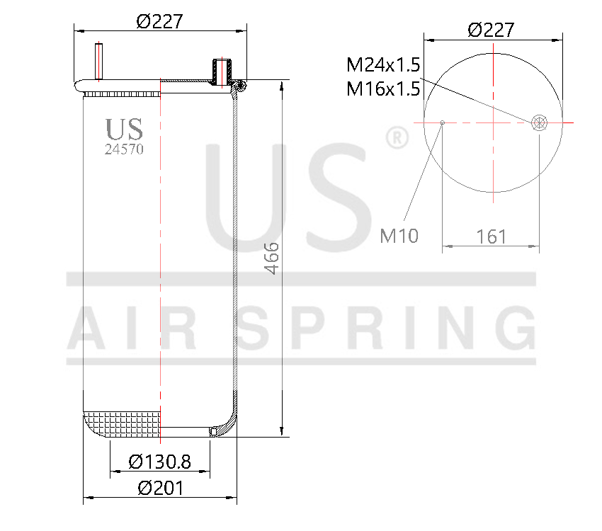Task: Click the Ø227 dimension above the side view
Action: [x=159, y=21]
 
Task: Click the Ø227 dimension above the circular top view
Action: [x=491, y=30]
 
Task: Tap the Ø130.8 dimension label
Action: [x=159, y=462]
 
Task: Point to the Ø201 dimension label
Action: [x=160, y=489]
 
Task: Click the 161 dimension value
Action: [x=491, y=236]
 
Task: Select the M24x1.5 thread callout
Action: [x=383, y=66]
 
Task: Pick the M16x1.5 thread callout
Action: [x=383, y=88]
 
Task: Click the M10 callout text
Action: [x=399, y=236]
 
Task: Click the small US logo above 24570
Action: [x=124, y=130]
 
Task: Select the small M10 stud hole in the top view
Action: [x=443, y=122]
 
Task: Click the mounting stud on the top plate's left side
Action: [x=98, y=62]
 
